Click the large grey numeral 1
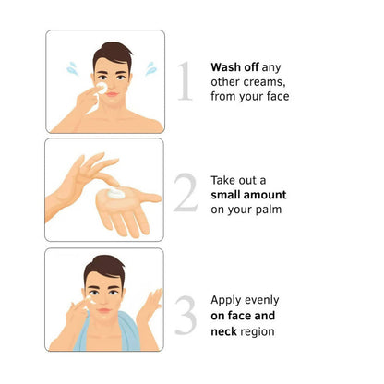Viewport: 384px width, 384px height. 186,80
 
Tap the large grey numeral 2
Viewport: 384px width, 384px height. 186,193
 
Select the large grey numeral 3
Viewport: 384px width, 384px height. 186,315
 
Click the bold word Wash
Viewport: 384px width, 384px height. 226,67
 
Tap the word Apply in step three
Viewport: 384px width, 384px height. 225,300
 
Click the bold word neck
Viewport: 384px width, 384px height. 223,331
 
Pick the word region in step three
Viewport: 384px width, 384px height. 258,332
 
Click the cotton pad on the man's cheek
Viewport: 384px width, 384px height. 102,88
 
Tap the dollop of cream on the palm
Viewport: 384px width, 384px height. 116,193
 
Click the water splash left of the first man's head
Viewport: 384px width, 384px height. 73,68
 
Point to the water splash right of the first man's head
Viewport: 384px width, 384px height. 150,68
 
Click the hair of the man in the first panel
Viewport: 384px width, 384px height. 114,54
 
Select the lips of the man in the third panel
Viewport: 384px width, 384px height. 104,311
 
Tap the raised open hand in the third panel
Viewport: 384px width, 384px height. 150,307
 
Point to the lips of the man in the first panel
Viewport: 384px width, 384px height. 113,94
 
